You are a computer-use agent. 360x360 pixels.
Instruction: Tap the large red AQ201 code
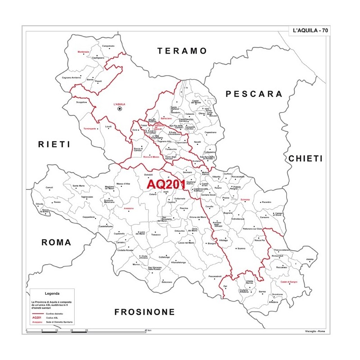(x=166, y=184)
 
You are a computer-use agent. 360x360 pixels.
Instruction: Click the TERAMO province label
(x=182, y=51)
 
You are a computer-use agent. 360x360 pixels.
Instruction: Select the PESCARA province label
(x=254, y=94)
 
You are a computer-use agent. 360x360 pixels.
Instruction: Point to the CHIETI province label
(x=306, y=158)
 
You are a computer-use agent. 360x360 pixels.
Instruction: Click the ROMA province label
(x=56, y=242)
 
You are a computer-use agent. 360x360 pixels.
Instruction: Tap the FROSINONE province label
(x=144, y=312)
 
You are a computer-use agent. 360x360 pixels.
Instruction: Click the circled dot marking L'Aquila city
(x=120, y=109)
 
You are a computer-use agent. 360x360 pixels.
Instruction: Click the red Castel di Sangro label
(x=289, y=282)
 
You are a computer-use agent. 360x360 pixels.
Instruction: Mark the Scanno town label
(x=242, y=248)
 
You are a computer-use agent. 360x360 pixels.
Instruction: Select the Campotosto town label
(x=108, y=45)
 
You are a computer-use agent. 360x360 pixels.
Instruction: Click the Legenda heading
(x=52, y=293)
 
